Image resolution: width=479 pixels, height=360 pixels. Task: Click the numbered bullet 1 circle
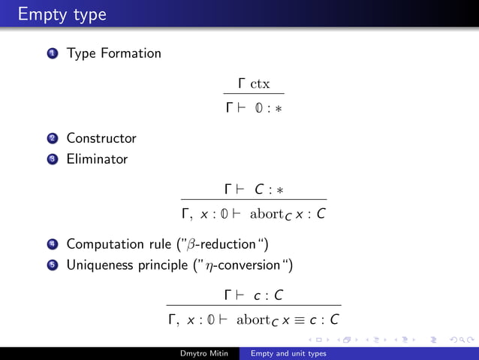click(x=52, y=54)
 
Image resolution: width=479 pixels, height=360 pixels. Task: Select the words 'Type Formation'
click(x=113, y=53)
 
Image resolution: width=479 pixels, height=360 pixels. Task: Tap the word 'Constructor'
click(x=101, y=138)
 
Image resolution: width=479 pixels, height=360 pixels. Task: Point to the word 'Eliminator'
click(x=97, y=159)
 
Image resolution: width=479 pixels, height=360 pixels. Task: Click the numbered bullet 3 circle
click(x=52, y=159)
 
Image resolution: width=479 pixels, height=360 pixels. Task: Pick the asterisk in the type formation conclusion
click(x=279, y=109)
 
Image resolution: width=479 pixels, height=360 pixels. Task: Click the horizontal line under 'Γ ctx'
click(x=254, y=95)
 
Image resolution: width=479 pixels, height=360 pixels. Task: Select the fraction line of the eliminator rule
click(x=254, y=200)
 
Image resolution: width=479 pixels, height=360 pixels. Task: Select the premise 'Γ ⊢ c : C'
click(x=254, y=295)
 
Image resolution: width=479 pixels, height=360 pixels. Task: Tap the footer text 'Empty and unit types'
click(x=289, y=353)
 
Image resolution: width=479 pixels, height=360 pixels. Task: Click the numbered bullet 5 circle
click(x=52, y=265)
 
